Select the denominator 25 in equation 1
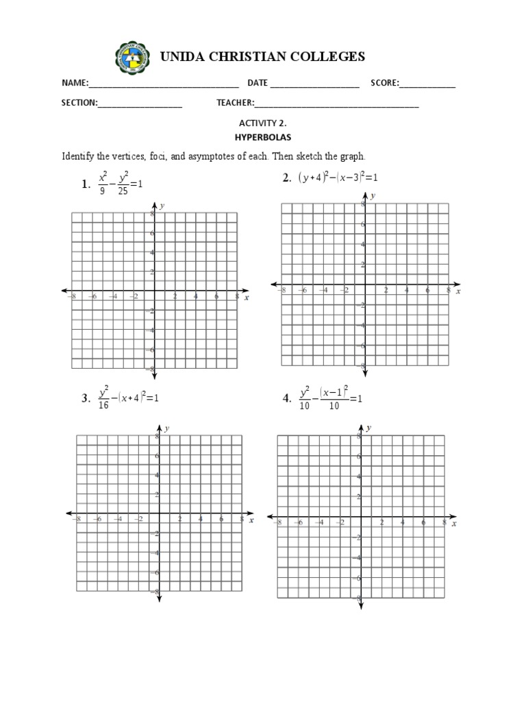coord(123,191)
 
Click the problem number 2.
coord(286,178)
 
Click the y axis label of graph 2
coord(373,196)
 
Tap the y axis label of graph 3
coord(167,428)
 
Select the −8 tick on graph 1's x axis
coord(72,296)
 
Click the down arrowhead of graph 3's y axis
coord(158,599)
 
